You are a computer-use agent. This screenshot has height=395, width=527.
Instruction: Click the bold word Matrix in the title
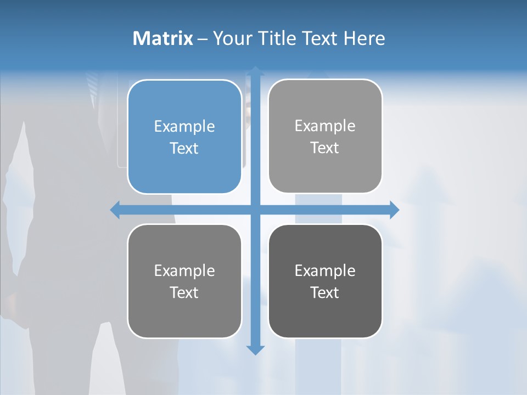162,38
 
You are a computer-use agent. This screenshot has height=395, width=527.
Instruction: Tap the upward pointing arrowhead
255,71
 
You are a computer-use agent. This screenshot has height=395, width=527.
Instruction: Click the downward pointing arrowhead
255,350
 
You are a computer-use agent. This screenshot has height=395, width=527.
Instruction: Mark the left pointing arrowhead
115,210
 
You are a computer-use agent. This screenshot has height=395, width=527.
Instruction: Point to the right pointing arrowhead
394,210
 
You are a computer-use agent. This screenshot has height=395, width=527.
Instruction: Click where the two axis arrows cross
255,210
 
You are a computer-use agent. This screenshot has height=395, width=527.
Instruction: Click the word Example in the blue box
184,126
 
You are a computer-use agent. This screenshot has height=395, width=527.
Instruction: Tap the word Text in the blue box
184,148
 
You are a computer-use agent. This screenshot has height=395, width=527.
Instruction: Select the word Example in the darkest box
325,270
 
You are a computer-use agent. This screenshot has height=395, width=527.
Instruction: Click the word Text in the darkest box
325,292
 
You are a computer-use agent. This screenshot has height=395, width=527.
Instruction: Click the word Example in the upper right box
325,126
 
